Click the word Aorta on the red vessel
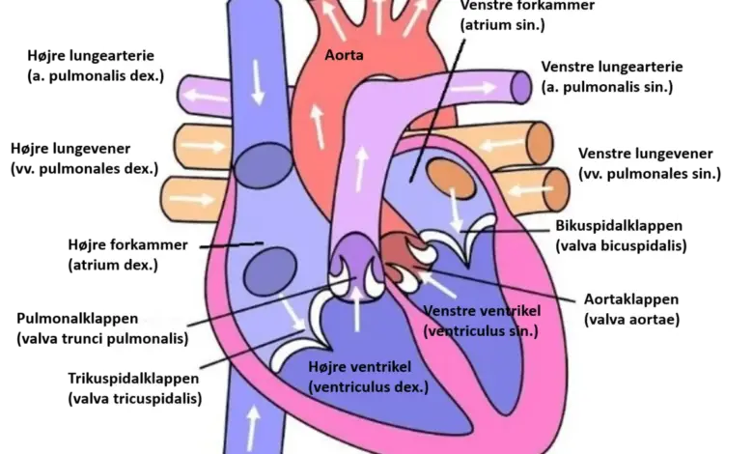(x=344, y=55)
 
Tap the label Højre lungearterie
(x=91, y=56)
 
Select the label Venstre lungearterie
(x=612, y=67)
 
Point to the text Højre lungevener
(x=70, y=149)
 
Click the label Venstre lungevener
(x=646, y=154)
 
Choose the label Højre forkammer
(x=127, y=245)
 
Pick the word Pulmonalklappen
(x=77, y=319)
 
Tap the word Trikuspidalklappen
(x=133, y=379)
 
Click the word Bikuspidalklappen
(x=619, y=226)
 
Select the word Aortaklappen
(x=631, y=299)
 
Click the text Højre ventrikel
(x=360, y=367)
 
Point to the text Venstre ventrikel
(x=482, y=311)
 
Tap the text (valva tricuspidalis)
(x=135, y=399)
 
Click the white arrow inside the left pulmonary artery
(x=473, y=88)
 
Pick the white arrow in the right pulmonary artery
(x=206, y=96)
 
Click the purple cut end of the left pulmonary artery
(x=520, y=87)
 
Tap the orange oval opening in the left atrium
(x=451, y=179)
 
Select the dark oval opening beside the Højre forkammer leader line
(x=270, y=272)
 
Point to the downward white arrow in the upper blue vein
(x=258, y=82)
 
